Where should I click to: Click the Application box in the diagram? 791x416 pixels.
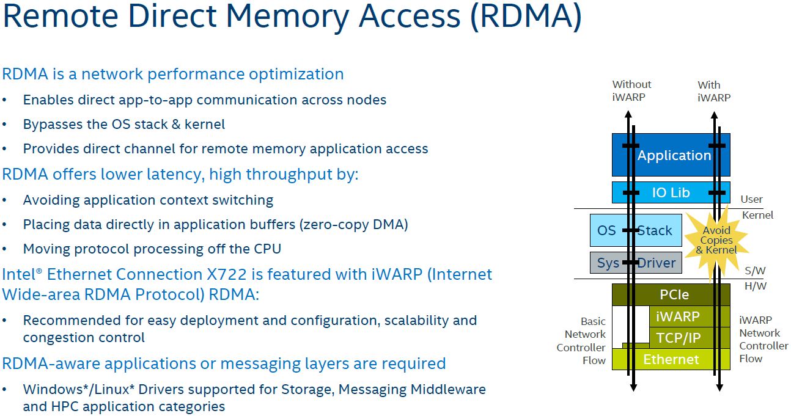tap(671, 155)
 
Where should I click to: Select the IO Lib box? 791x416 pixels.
tap(671, 192)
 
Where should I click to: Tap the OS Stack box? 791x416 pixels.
tap(636, 230)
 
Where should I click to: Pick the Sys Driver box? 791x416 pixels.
tap(636, 263)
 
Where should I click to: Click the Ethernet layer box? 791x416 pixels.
tap(671, 359)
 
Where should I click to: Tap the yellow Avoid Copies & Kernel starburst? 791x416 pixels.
tap(716, 240)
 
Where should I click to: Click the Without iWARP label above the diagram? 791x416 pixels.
tap(631, 90)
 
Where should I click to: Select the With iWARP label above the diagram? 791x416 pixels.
tap(713, 91)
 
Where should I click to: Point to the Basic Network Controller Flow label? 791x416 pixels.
tap(584, 341)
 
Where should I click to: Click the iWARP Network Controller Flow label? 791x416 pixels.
tap(763, 339)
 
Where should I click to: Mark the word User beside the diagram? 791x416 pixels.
tap(751, 199)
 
